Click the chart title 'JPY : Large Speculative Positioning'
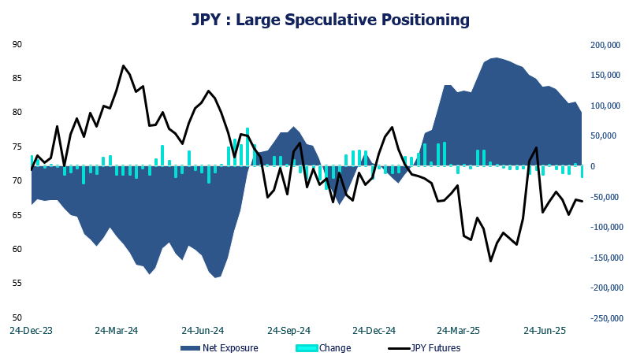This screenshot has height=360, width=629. pos(330,18)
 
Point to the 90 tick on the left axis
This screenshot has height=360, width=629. pos(17,44)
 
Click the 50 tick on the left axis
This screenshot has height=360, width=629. pos(17,317)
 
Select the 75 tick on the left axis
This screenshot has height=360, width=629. pos(17,147)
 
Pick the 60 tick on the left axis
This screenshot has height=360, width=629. pos(17,249)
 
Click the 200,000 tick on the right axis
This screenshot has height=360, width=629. pos(606,45)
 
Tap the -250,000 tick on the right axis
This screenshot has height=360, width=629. pos(605,318)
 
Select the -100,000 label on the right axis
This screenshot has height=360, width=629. pos(605,227)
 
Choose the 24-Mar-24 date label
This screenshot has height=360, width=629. pos(116,331)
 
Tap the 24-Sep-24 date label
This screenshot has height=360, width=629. pos(288,331)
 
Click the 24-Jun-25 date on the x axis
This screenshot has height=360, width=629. pos(545,331)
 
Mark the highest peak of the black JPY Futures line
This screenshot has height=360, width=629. pos(124,65)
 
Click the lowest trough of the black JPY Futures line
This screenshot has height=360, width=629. pos(490,262)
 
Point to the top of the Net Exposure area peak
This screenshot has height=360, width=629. pos(495,58)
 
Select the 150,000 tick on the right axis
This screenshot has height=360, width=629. pos(606,75)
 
